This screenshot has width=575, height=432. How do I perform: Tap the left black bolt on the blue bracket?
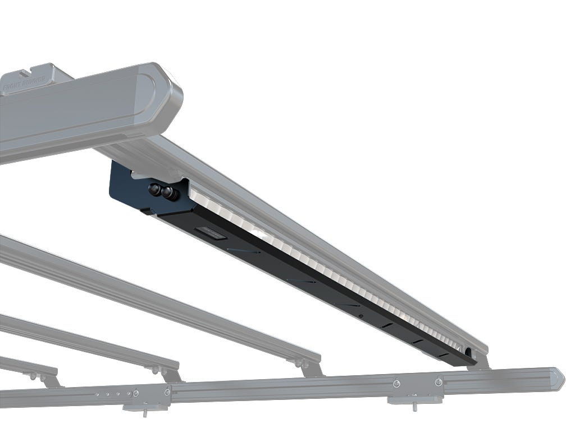(154, 190)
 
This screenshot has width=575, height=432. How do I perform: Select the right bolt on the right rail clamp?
(437, 382)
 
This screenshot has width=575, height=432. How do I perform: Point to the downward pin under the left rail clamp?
(145, 412)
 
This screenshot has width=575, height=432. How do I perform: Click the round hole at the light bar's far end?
(468, 352)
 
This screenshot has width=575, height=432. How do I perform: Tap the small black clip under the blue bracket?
(147, 212)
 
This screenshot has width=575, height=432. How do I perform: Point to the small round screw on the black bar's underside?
(360, 316)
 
